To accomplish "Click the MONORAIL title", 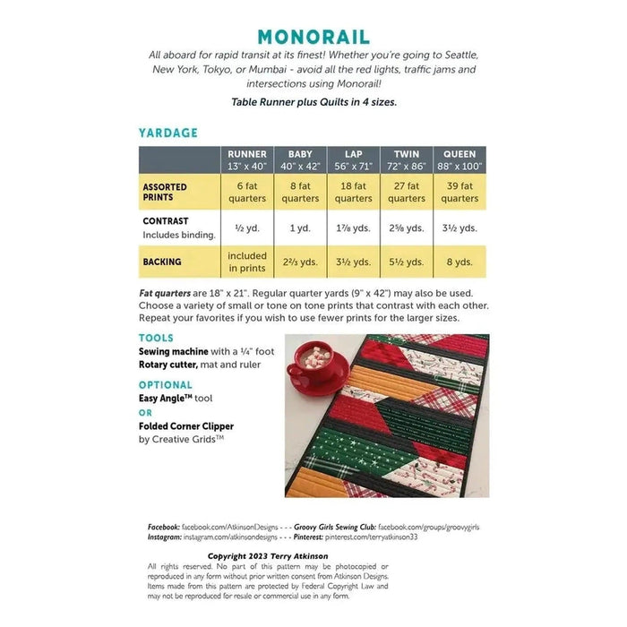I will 313,37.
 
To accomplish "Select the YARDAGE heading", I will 167,133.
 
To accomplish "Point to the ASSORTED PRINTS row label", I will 165,193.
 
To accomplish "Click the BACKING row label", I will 161,262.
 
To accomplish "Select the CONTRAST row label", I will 166,220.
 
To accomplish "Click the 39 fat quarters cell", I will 460,193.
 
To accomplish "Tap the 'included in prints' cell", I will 247,262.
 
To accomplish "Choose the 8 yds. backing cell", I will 460,262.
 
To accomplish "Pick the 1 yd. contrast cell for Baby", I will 300,228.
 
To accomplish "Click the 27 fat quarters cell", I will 407,193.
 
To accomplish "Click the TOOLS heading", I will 157,339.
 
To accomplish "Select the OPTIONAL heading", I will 166,384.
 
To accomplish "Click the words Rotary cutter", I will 172,365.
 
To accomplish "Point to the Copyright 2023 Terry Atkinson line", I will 268,556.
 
